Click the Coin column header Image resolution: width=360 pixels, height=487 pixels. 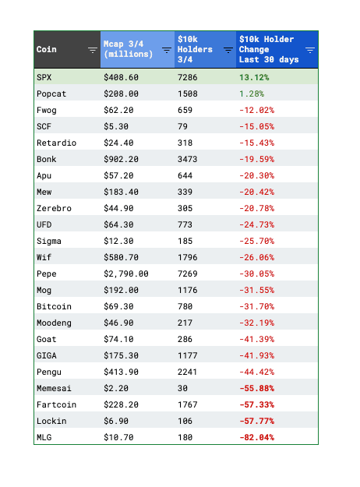point(47,49)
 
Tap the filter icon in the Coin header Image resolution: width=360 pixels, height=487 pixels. point(92,50)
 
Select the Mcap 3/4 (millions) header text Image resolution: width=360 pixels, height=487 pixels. point(128,49)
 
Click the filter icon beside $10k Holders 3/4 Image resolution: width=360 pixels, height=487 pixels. point(228,50)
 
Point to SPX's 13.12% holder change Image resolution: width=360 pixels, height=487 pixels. point(254,77)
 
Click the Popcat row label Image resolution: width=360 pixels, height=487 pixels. point(51,94)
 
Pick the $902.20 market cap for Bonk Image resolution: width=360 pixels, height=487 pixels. point(121,159)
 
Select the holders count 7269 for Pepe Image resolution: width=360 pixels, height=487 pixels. point(187,273)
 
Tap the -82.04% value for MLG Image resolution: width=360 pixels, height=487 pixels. point(257,437)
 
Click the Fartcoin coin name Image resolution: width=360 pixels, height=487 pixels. point(56,404)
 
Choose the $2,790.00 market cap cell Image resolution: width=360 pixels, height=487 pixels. point(126,274)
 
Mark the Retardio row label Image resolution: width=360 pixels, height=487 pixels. point(56,143)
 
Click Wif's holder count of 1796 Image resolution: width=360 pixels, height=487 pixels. point(187,257)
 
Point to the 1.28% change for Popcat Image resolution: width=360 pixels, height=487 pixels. point(252,94)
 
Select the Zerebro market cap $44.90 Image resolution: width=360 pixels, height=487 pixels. point(118,208)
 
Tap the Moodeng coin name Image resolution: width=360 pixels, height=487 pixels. point(54,323)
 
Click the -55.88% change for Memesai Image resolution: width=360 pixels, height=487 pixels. point(257,388)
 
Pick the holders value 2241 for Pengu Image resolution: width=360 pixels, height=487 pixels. point(187,372)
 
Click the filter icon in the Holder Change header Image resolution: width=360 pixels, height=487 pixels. point(310,50)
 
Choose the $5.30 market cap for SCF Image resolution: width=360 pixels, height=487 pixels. point(116,126)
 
